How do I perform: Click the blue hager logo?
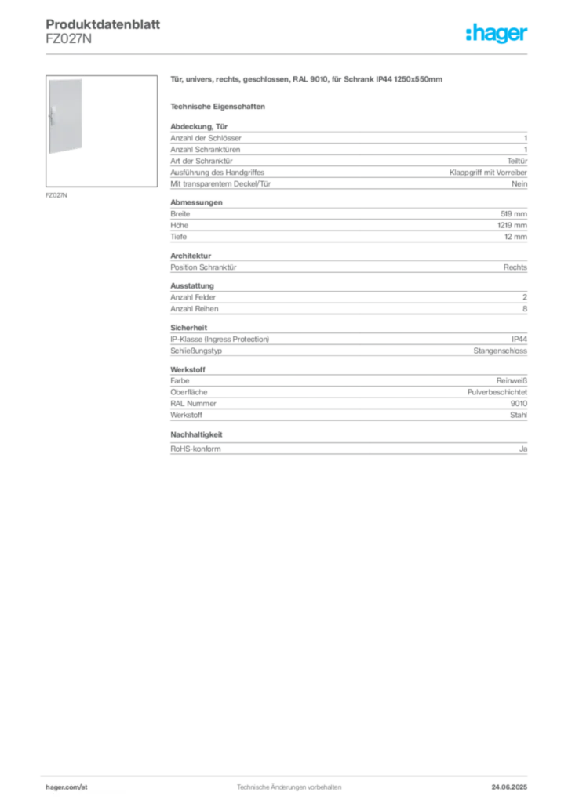(x=497, y=35)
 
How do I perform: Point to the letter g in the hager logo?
(x=498, y=36)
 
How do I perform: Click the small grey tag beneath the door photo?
(x=56, y=194)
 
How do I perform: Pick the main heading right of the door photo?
(x=308, y=80)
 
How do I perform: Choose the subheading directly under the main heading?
(x=220, y=106)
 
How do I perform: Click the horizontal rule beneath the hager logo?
(x=289, y=53)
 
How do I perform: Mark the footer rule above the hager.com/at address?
(x=289, y=775)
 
